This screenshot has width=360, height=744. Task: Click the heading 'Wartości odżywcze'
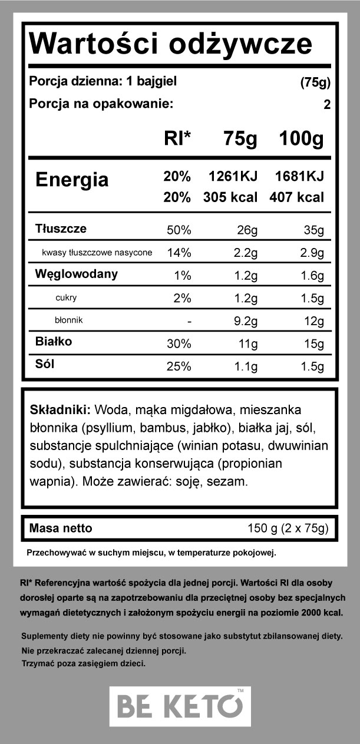170,44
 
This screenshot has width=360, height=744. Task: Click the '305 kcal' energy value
230,197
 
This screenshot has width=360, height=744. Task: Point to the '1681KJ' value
299,177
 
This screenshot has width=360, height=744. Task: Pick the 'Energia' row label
72,180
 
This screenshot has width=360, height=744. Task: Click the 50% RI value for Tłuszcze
179,230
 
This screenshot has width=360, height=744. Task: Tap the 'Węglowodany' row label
77,274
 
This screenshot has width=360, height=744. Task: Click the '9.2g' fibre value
244,321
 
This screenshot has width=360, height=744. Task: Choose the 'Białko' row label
54,342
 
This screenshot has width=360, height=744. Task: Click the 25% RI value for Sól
179,366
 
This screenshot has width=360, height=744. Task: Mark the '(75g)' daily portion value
315,82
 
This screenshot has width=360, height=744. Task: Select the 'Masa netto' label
61,528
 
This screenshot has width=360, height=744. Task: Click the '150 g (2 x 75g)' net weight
288,528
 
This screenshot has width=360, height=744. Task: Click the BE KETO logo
180,706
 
